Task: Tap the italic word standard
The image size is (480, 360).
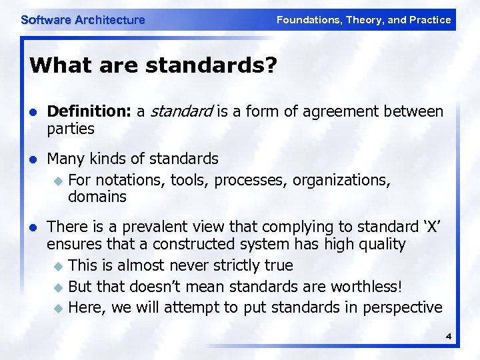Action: [175, 111]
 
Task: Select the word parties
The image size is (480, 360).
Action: [71, 128]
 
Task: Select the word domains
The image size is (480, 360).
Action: [97, 197]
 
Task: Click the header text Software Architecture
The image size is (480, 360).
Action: [83, 20]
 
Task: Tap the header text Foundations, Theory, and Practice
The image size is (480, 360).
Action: [363, 20]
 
